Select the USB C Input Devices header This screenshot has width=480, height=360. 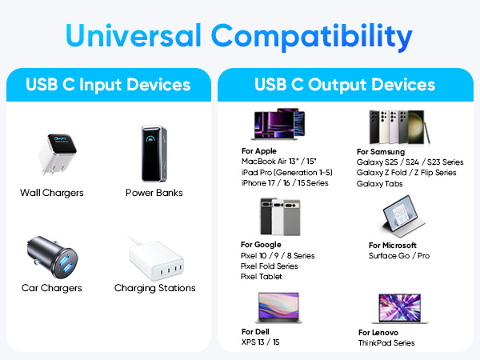point(107,84)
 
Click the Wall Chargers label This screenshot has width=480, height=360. point(52,193)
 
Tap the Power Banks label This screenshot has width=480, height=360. point(154,193)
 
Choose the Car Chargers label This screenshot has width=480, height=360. point(52,288)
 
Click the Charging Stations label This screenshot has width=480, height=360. point(154,288)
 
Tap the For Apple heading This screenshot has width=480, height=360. point(259,150)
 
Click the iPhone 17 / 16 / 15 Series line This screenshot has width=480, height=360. point(284,182)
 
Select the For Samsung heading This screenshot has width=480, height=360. point(381,151)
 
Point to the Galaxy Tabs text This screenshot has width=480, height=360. point(380,183)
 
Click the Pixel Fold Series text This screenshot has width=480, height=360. point(270,266)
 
